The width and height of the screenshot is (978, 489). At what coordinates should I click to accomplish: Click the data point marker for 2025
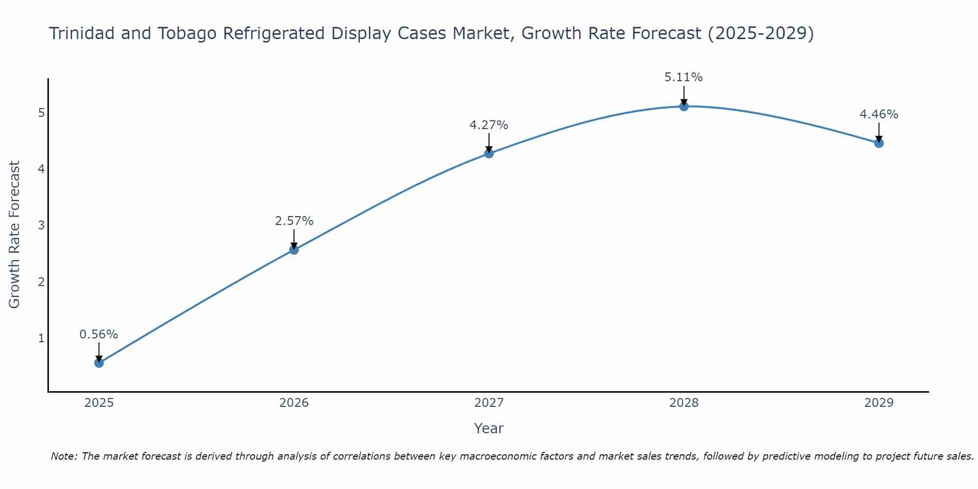[x=99, y=363]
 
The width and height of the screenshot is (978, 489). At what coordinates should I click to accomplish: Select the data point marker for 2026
[x=294, y=250]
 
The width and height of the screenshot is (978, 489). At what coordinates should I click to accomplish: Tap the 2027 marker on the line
[x=489, y=154]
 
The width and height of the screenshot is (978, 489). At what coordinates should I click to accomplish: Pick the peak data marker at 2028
[x=684, y=106]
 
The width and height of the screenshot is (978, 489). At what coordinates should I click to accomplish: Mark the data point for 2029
[x=879, y=143]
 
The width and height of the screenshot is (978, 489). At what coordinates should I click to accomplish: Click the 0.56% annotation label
[x=99, y=334]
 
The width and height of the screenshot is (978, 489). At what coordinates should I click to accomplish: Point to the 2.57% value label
[x=294, y=221]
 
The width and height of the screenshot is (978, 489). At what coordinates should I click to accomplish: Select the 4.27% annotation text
[x=489, y=125]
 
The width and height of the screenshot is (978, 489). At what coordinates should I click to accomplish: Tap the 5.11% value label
[x=684, y=77]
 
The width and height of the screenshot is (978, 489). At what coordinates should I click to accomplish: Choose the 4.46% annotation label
[x=879, y=114]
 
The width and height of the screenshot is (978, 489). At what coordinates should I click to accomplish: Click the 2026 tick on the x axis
[x=294, y=403]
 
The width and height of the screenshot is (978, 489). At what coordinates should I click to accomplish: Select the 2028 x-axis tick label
[x=684, y=403]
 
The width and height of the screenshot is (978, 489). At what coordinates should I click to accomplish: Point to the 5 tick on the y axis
[x=41, y=113]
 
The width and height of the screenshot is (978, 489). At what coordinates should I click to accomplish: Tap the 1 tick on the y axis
[x=41, y=338]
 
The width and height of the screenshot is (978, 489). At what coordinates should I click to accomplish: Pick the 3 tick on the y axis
[x=41, y=225]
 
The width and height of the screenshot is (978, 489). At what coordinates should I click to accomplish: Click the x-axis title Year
[x=489, y=428]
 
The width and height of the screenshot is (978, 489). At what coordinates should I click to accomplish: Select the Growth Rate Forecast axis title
[x=15, y=235]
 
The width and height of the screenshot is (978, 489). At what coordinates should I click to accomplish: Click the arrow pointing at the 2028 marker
[x=684, y=95]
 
